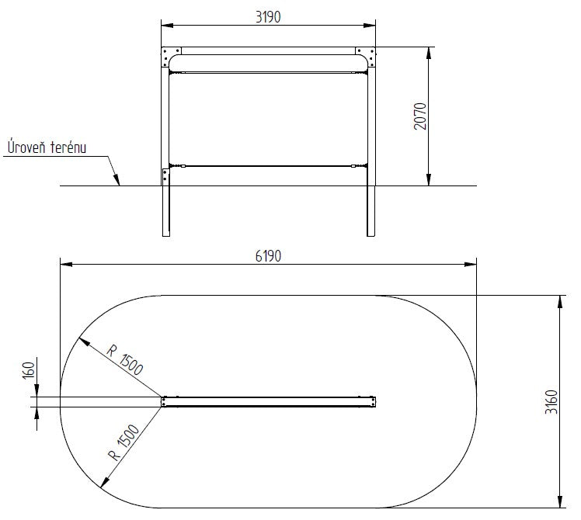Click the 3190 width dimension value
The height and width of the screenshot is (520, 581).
point(268,16)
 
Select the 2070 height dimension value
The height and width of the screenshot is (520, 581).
point(420,116)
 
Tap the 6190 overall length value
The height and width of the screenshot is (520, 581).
point(268,256)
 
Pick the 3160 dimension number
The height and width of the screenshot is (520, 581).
point(551,402)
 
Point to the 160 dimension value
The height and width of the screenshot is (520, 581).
point(29,370)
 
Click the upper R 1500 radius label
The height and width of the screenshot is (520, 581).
point(124,359)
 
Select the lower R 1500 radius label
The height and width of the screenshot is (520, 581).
point(124,442)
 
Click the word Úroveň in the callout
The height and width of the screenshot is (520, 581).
point(26,146)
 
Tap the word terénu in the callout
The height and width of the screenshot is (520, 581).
point(68,147)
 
